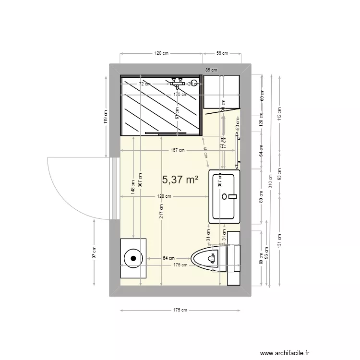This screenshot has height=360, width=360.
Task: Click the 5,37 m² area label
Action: point(180,180)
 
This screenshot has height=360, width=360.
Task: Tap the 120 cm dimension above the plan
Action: point(161,54)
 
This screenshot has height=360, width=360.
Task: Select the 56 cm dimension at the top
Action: point(221,54)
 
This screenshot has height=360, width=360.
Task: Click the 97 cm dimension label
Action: point(95,253)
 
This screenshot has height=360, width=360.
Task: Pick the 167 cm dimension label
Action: point(178,150)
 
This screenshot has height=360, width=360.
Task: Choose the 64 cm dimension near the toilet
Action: point(168,258)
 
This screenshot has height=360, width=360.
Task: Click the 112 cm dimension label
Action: point(279,113)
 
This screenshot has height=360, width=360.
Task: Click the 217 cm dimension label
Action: point(162,210)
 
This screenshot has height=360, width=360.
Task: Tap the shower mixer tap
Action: point(178,83)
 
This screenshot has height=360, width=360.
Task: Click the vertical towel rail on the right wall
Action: point(237,149)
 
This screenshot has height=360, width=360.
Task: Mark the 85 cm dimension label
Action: point(211,70)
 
